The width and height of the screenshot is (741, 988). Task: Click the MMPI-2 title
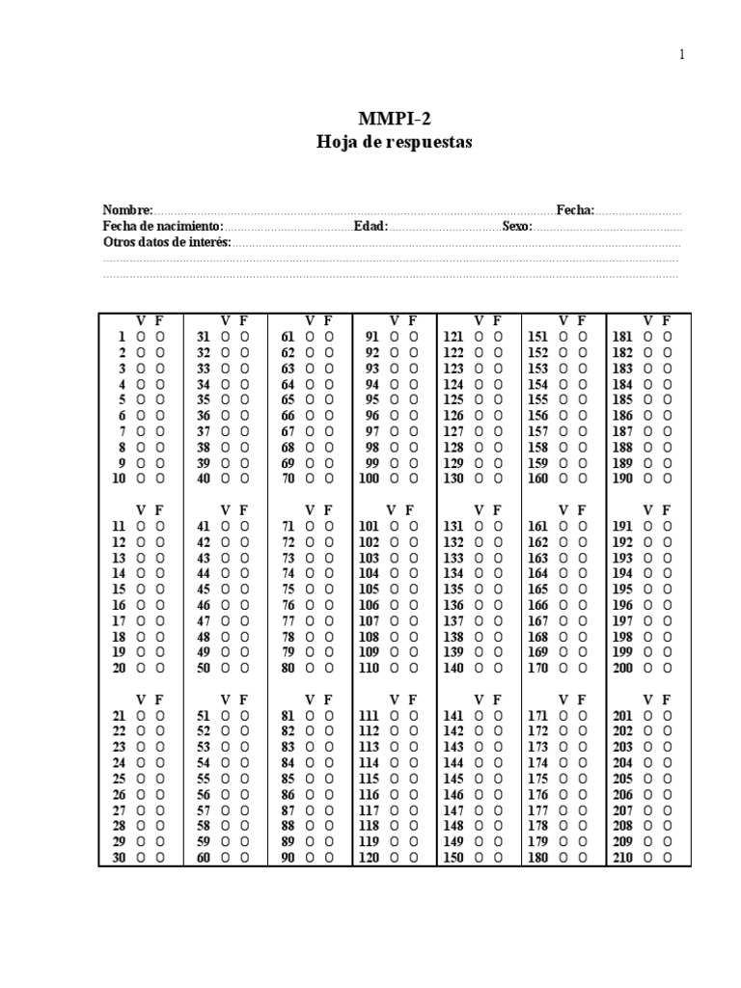tap(395, 119)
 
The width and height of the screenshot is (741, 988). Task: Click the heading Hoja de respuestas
tap(395, 142)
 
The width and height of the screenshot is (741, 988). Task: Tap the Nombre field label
tap(127, 210)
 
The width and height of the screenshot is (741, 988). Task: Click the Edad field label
tap(370, 226)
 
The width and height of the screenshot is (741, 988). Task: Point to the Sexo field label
tap(517, 226)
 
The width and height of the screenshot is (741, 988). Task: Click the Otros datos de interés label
tap(167, 242)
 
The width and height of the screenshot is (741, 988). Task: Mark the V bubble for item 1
tap(142, 337)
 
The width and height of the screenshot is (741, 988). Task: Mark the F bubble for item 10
tap(160, 479)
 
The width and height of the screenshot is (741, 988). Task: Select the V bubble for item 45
tap(226, 590)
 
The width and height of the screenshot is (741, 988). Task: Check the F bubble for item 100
tap(413, 479)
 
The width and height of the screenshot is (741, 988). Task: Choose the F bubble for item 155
tap(583, 399)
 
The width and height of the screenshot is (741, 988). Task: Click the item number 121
tap(453, 337)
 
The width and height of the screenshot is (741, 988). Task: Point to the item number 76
tap(288, 605)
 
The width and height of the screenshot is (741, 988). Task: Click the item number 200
tap(622, 668)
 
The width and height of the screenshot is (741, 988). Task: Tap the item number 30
tap(119, 858)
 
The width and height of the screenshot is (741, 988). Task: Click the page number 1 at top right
tap(681, 55)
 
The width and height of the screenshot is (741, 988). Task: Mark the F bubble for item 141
tap(498, 716)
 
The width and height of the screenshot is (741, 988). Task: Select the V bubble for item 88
tap(311, 826)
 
